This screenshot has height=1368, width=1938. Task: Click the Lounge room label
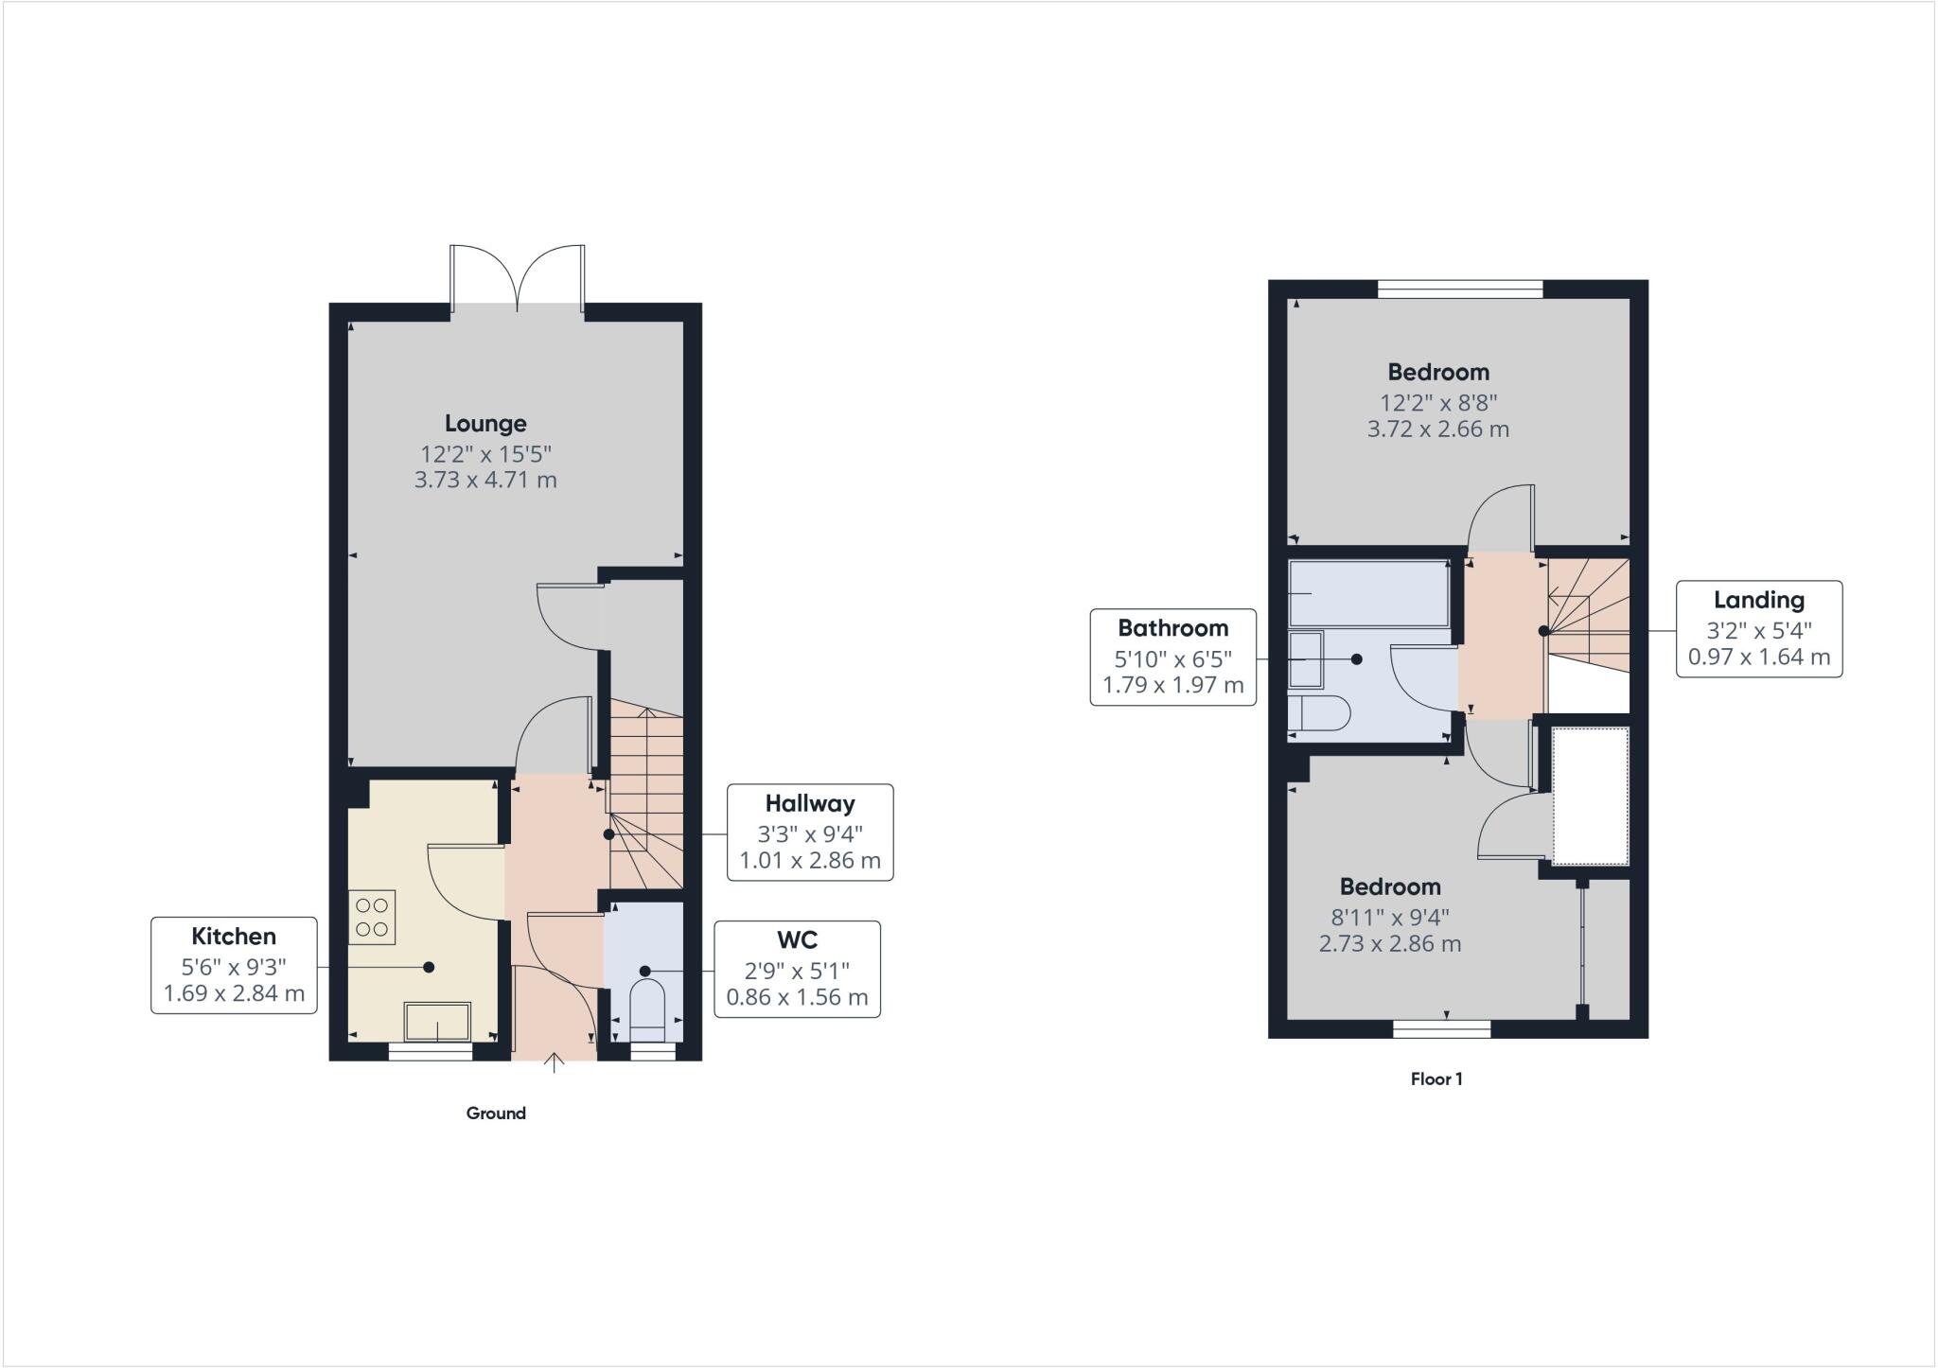point(485,424)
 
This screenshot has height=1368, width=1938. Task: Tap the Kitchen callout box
point(234,965)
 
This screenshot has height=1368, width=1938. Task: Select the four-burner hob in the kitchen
point(372,917)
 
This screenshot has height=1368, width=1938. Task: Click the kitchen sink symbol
point(437,1022)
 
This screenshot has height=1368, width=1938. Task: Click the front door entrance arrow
point(555,1064)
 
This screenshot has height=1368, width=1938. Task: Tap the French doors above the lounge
point(518,278)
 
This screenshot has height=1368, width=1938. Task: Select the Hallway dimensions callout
point(810,833)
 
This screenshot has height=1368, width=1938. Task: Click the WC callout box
point(797,969)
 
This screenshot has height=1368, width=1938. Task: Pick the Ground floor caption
point(496,1114)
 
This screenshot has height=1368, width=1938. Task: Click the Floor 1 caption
point(1436,1079)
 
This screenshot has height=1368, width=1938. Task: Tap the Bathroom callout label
point(1173,657)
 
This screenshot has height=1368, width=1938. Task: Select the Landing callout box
point(1759,628)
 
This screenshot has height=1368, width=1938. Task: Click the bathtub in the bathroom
point(1368,593)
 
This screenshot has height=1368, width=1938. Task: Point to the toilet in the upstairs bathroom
point(1319,713)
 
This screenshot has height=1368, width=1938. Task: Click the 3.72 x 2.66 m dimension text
point(1438,430)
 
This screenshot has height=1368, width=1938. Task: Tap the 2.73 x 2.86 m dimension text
point(1390,944)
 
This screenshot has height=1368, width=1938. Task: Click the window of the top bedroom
point(1460,289)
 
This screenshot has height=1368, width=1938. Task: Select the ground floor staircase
point(645,795)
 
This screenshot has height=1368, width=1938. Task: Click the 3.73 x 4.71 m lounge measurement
point(485,480)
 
